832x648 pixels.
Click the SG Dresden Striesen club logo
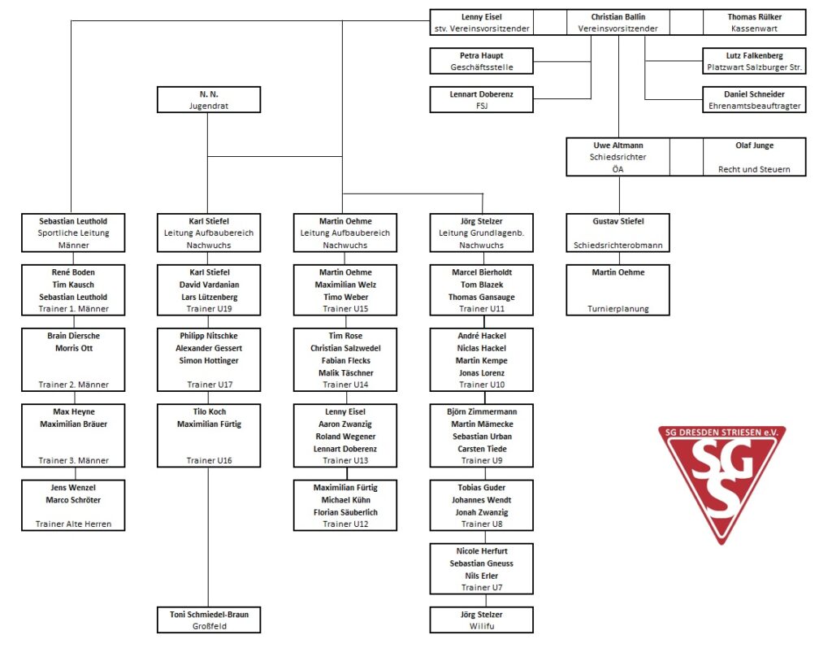[721, 481]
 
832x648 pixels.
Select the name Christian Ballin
[618, 16]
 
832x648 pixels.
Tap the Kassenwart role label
[754, 28]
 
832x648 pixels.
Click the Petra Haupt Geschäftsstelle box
[482, 61]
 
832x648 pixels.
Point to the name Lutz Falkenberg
[754, 55]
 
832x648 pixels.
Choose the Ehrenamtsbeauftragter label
[754, 107]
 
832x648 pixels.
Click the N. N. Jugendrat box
[209, 99]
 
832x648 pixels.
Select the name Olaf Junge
[754, 146]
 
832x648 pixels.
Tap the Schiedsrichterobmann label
[618, 245]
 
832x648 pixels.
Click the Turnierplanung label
[618, 309]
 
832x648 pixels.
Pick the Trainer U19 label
[209, 309]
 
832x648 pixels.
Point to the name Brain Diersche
[73, 336]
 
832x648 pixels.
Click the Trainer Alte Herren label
[73, 524]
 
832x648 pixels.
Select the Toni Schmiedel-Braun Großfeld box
[209, 620]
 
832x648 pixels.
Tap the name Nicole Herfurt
[482, 551]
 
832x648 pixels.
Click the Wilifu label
[482, 627]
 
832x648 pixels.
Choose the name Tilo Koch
[209, 411]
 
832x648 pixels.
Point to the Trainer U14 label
[345, 385]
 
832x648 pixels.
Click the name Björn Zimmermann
[482, 411]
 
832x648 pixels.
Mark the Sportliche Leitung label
[73, 233]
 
